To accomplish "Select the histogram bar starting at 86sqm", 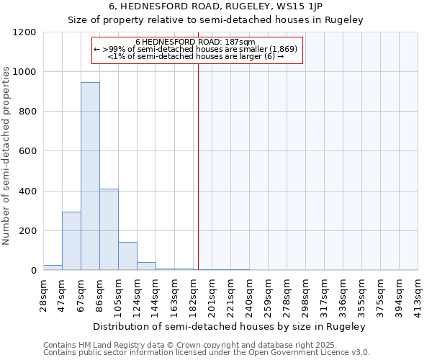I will (109, 230).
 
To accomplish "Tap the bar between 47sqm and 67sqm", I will (71, 241).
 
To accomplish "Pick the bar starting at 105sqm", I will (127, 256).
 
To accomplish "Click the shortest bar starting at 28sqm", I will (53, 268).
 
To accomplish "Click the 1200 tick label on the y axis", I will (24, 32).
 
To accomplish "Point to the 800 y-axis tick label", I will (27, 112).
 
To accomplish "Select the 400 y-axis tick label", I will (27, 192).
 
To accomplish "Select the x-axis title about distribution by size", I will (230, 326).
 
